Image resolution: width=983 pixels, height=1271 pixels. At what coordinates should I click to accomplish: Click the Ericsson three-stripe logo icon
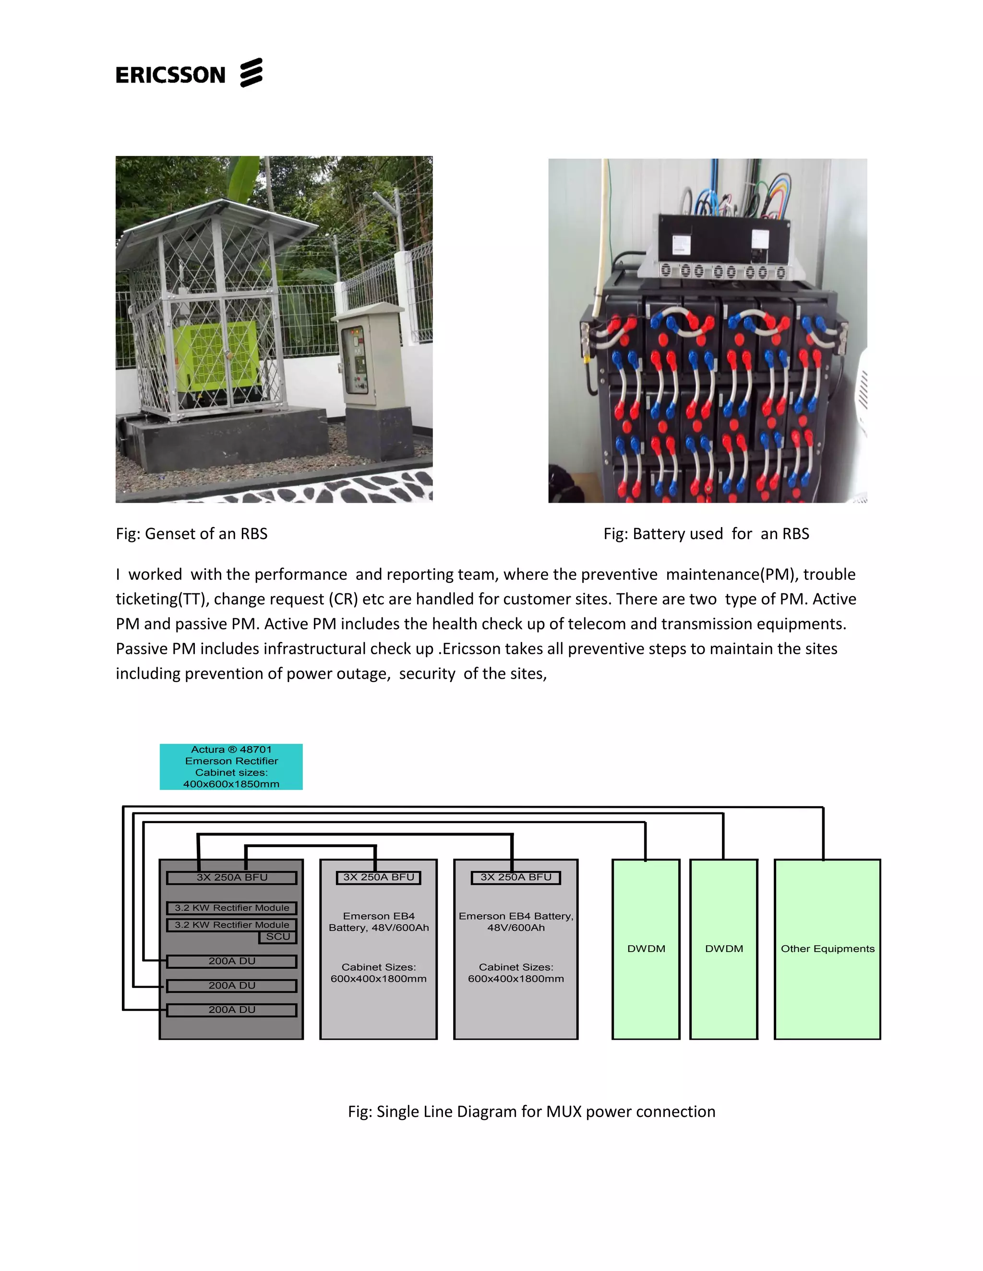click(x=251, y=73)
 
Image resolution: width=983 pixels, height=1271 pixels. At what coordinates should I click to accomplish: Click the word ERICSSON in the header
click(x=170, y=75)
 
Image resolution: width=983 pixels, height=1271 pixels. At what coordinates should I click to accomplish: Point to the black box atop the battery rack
click(x=724, y=239)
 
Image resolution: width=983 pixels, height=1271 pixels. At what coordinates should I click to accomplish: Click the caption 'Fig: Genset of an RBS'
click(x=192, y=534)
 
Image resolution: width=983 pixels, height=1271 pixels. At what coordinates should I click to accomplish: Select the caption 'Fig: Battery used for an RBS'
click(x=706, y=534)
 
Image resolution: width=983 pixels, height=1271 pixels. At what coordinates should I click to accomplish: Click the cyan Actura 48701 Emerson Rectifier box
click(x=231, y=766)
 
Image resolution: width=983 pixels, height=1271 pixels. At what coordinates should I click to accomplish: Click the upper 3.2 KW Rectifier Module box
click(x=232, y=908)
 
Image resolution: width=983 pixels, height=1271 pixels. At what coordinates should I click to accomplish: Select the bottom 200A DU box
click(x=232, y=1010)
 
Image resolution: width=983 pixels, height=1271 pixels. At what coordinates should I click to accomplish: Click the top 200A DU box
click(x=232, y=961)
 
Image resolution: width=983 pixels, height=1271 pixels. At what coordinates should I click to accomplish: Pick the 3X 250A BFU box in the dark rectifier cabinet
click(x=232, y=878)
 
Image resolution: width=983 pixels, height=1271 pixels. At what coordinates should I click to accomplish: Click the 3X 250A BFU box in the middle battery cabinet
click(x=379, y=877)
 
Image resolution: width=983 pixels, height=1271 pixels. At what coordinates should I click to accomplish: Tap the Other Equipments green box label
click(x=827, y=949)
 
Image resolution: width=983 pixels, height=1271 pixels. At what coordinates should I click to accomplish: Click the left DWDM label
click(x=646, y=949)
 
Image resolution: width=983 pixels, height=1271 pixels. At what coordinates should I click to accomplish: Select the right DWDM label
click(x=724, y=949)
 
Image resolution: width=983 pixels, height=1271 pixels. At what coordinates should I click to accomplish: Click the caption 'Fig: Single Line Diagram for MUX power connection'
click(x=531, y=1112)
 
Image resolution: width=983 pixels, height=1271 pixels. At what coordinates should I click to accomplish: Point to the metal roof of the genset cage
click(x=192, y=224)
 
